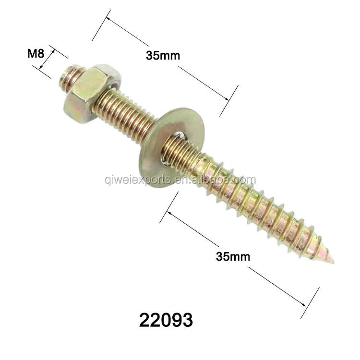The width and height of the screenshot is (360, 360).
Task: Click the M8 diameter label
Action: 36,53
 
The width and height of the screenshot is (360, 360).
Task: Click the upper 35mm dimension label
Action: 163,55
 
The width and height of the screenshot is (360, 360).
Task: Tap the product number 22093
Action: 166,319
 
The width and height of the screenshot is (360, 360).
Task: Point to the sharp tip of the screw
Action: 332,262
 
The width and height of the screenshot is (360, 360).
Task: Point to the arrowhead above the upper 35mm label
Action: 108,20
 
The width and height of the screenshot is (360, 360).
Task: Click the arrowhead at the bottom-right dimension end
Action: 303,303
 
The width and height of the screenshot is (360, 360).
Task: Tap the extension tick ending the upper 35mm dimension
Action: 229,101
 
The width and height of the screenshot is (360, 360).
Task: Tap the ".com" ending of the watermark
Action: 245,180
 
